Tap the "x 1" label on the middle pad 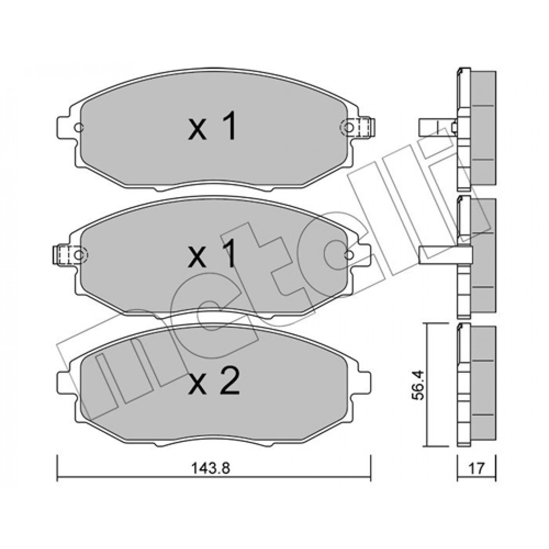pyautogui.click(x=212, y=253)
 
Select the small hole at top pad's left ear pyautogui.click(x=79, y=128)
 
